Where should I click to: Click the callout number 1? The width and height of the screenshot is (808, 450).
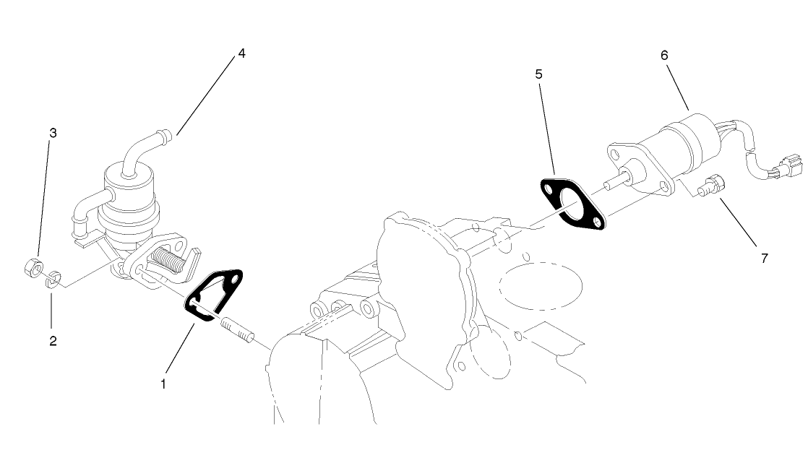pyautogui.click(x=164, y=384)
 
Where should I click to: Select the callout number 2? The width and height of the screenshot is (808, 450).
pyautogui.click(x=53, y=340)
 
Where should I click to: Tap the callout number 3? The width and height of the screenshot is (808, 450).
pyautogui.click(x=53, y=133)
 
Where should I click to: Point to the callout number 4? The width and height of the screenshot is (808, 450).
pyautogui.click(x=241, y=53)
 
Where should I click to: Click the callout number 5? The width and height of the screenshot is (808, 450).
pyautogui.click(x=538, y=74)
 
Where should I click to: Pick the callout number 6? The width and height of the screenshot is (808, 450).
pyautogui.click(x=664, y=55)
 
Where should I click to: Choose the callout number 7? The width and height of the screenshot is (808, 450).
pyautogui.click(x=764, y=258)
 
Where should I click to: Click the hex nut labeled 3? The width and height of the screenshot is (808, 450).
pyautogui.click(x=32, y=268)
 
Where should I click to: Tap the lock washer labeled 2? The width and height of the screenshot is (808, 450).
pyautogui.click(x=53, y=278)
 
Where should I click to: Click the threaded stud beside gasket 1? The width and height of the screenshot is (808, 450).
pyautogui.click(x=237, y=332)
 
